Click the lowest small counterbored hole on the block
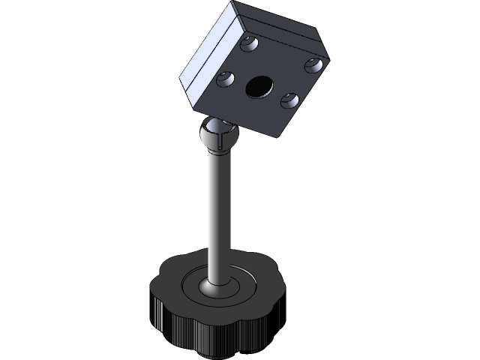tap(288, 98)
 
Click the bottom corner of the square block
tap(280, 138)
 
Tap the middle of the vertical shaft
tap(216, 217)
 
